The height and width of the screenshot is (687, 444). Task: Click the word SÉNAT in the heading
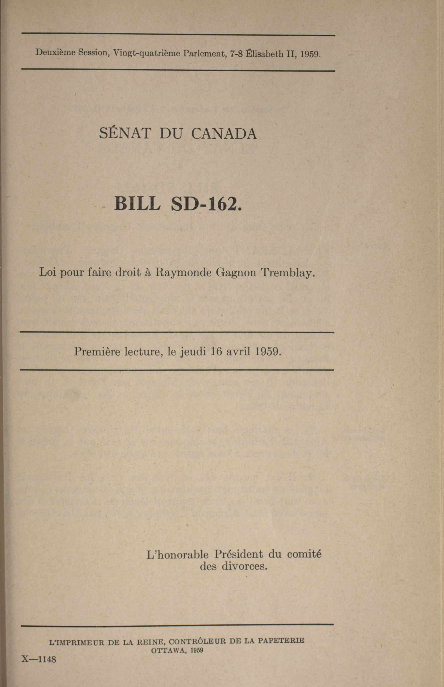click(125, 134)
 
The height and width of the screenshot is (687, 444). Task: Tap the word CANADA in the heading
click(224, 134)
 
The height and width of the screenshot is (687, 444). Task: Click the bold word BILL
click(137, 203)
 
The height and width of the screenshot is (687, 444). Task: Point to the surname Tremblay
click(288, 272)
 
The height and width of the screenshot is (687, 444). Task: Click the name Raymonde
click(183, 272)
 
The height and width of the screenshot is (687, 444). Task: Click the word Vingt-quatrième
click(146, 53)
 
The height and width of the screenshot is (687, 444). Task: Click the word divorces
click(245, 566)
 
